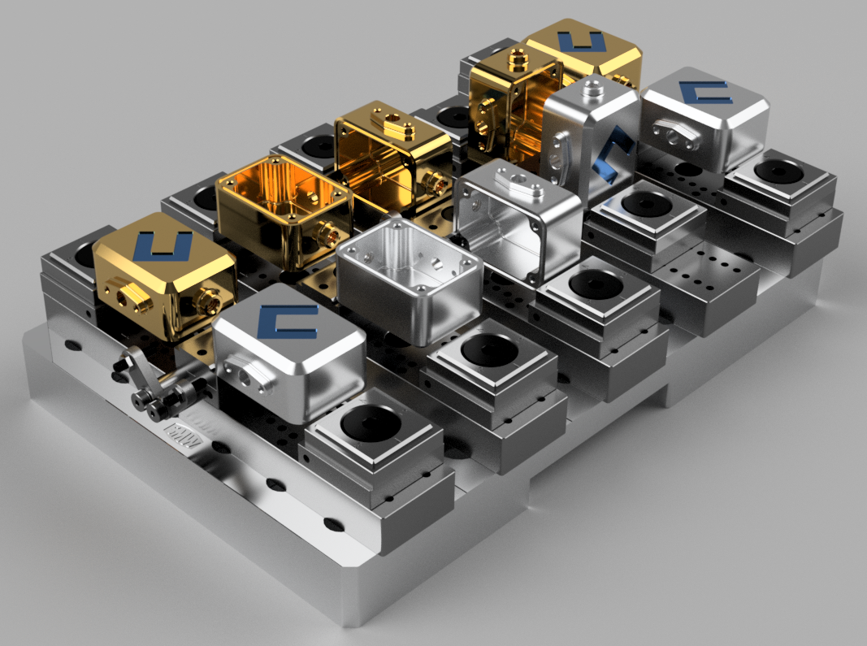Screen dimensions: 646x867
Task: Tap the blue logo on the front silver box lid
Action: (286, 323)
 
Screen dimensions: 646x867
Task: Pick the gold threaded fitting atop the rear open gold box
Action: (517, 58)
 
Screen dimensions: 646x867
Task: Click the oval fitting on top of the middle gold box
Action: (394, 124)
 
